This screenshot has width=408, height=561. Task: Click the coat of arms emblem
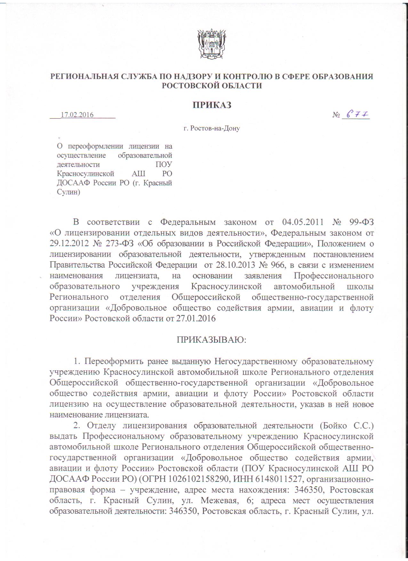click(212, 43)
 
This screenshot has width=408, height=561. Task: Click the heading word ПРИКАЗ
click(212, 105)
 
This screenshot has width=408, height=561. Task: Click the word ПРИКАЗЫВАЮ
click(212, 339)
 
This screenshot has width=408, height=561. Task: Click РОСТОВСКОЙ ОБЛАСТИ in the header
click(212, 85)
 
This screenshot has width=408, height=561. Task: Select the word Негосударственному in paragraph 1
click(255, 361)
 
